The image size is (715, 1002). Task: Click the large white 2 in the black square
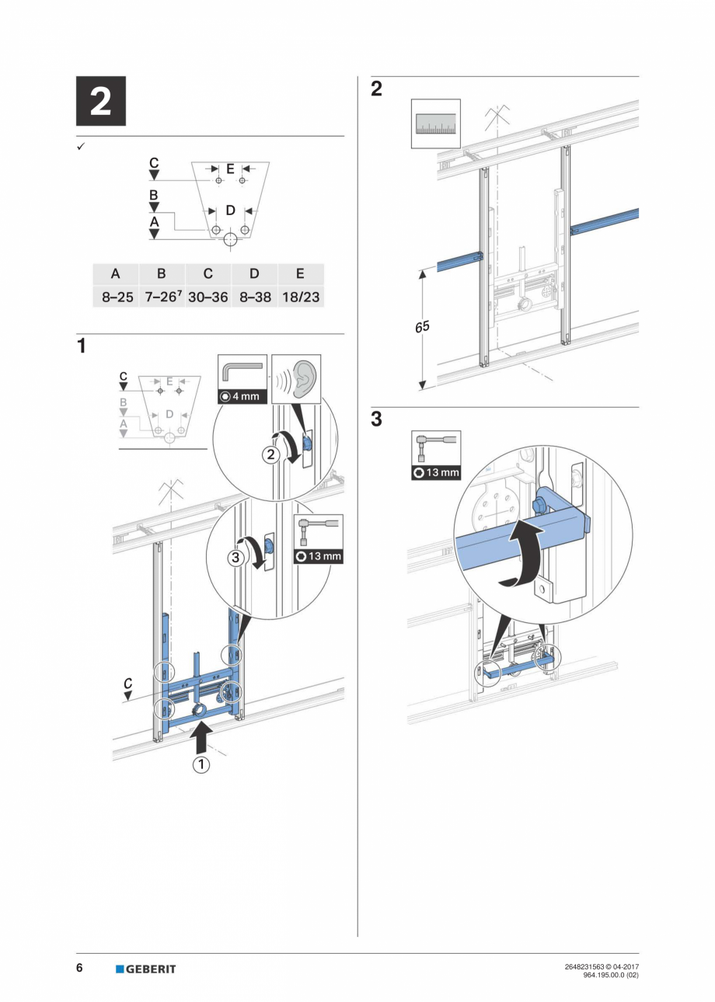[x=100, y=102]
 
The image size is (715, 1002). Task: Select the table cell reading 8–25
[x=115, y=297]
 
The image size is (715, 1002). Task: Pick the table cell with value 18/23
[x=300, y=297]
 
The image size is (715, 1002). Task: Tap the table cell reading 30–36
[x=208, y=297]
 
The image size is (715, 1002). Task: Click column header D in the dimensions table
[x=254, y=274]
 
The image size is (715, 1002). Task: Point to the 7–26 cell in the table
[x=162, y=297]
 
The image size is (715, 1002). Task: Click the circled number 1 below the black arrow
[x=201, y=764]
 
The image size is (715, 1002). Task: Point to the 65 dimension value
[x=422, y=328]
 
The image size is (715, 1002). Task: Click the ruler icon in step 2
[x=435, y=124]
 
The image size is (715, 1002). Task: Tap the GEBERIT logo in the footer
[x=146, y=969]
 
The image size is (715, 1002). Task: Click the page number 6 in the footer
[x=79, y=968]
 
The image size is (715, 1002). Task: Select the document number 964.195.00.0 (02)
[x=610, y=974]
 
